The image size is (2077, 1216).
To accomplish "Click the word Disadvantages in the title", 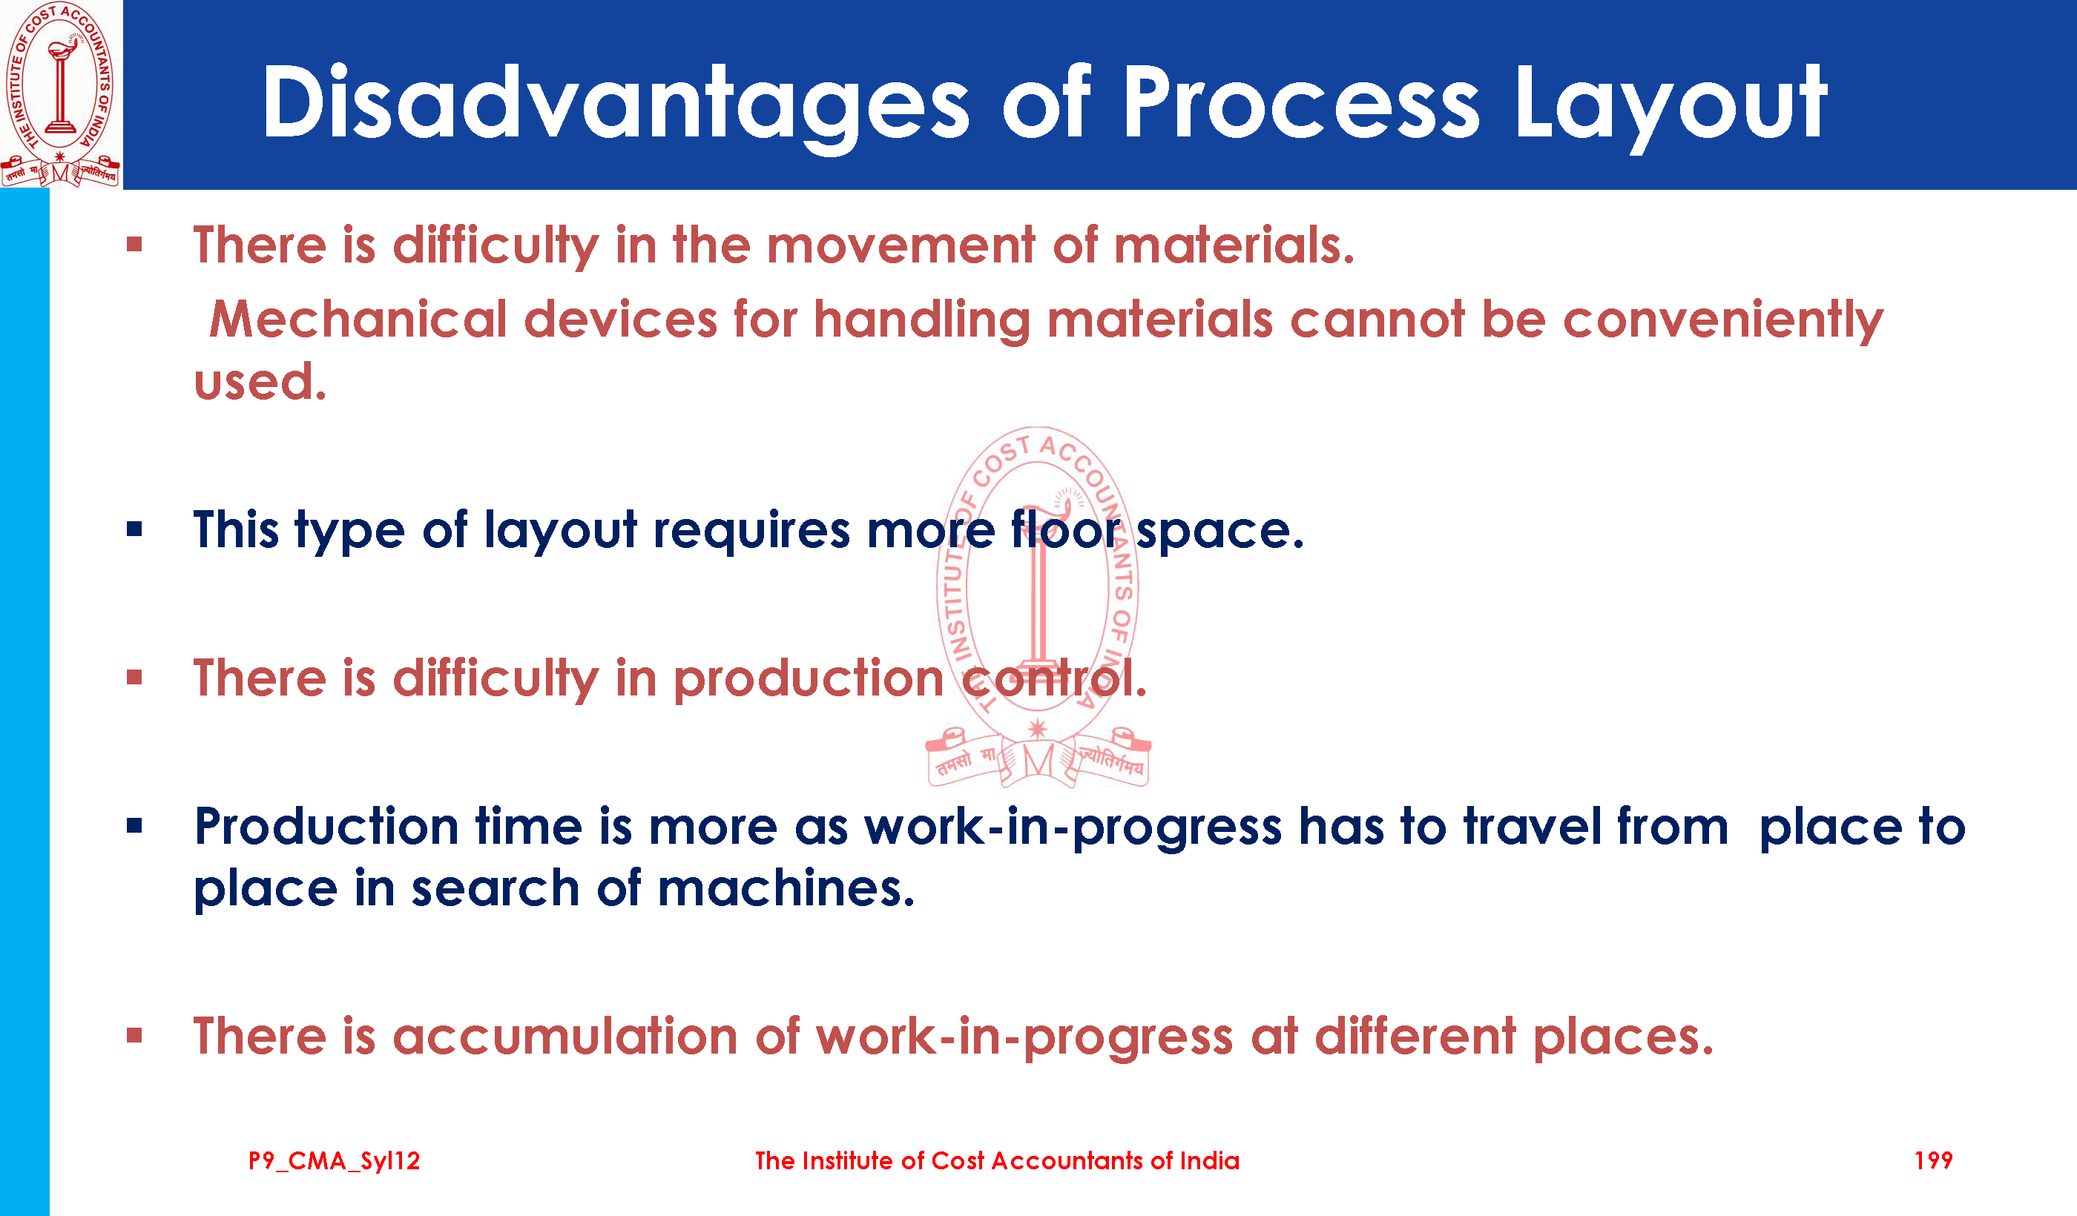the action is click(616, 104).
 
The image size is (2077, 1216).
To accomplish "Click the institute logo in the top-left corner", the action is click(61, 94).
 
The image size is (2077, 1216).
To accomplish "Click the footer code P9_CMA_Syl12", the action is click(334, 1161).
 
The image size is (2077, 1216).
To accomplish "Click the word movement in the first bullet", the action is click(901, 246).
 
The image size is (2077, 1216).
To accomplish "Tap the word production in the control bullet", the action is click(809, 680).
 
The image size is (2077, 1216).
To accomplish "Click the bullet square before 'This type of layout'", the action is click(134, 529).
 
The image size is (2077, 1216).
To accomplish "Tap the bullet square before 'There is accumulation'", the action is click(134, 1036).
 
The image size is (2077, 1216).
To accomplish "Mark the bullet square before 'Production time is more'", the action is click(134, 825).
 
